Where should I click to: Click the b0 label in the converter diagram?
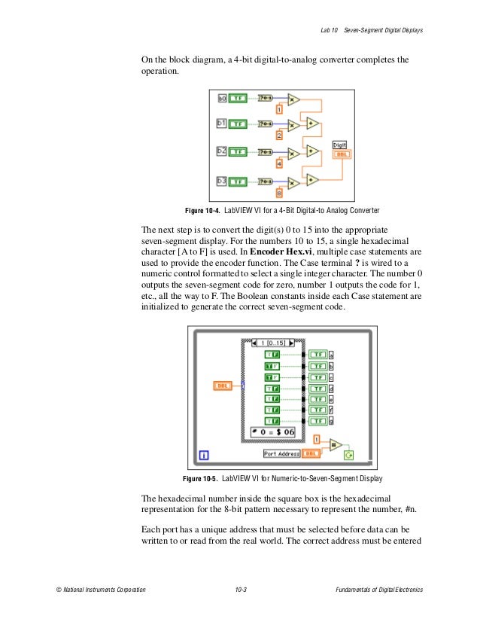point(222,98)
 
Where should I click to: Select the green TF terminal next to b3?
point(238,181)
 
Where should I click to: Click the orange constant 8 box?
point(278,193)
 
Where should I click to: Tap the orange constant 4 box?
point(278,163)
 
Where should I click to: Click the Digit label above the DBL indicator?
point(340,144)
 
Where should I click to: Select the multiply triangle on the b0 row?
point(293,98)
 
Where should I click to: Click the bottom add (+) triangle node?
point(312,178)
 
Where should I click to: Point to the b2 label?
point(222,151)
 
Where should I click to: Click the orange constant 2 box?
point(278,136)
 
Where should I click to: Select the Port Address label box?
point(281,453)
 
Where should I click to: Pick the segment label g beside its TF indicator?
point(332,420)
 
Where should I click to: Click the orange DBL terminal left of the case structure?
point(223,385)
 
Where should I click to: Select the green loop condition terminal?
point(348,454)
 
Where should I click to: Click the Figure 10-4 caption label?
point(203,210)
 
